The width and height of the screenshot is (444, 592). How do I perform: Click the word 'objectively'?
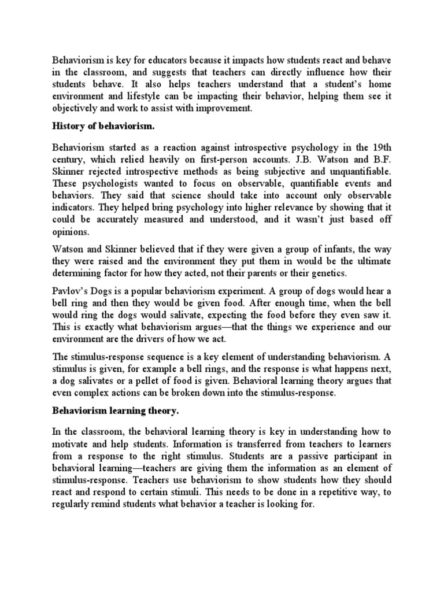(77, 108)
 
